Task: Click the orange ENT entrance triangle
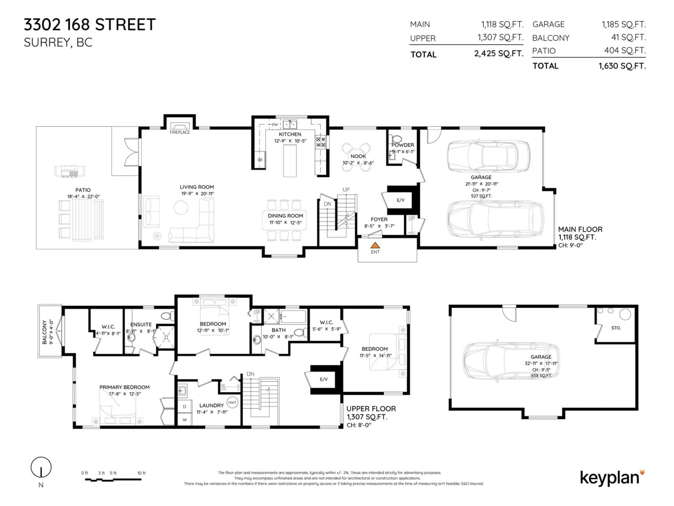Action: coord(375,245)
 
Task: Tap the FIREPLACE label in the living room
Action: coord(180,132)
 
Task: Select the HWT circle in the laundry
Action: coord(232,402)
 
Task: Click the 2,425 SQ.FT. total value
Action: coord(498,54)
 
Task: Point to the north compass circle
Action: coord(41,467)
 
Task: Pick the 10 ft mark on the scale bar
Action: coord(141,473)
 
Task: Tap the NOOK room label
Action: coord(358,156)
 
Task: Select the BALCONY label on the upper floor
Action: coord(44,332)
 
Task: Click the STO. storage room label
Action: coord(616,328)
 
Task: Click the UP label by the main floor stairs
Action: coord(346,189)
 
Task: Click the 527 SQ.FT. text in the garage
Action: coord(481,196)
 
